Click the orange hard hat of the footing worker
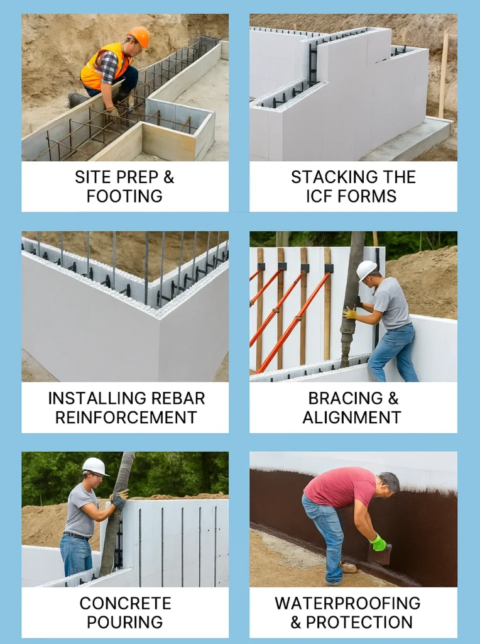(x=139, y=36)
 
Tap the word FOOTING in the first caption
(x=124, y=196)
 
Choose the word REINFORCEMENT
(x=126, y=417)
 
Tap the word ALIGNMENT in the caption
(x=352, y=417)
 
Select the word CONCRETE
(x=125, y=603)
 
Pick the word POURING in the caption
(x=125, y=622)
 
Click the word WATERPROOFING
(x=347, y=603)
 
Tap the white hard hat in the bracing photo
(x=366, y=270)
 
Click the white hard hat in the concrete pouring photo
(x=95, y=466)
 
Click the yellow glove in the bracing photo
(x=350, y=313)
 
